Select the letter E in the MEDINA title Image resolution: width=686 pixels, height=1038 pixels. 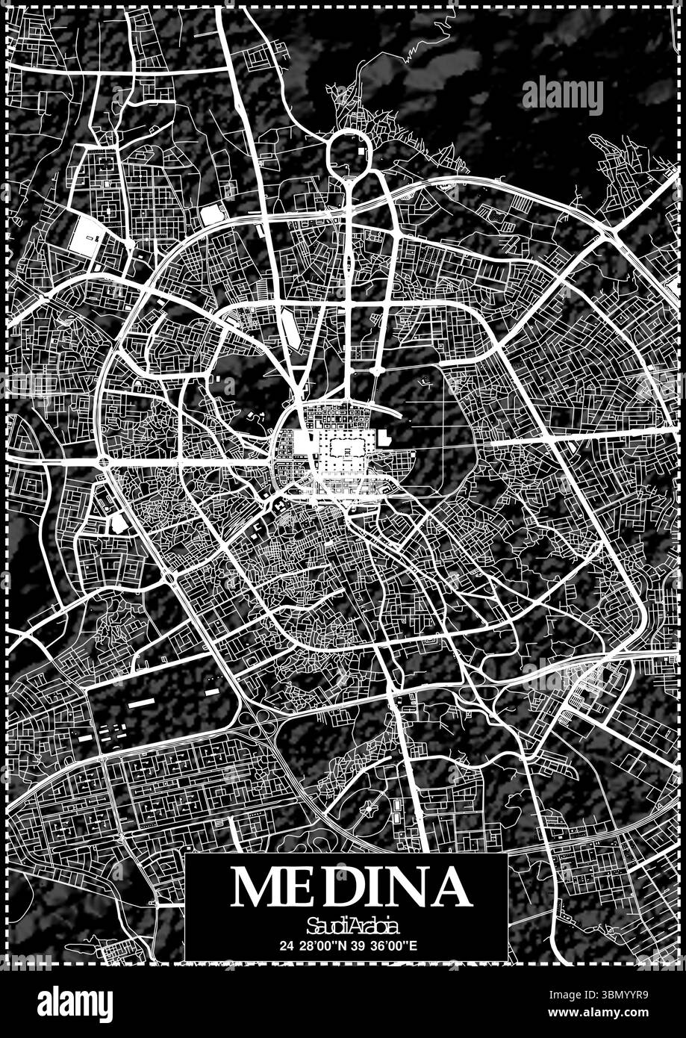click(307, 886)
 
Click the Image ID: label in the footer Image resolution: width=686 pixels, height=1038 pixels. click(573, 995)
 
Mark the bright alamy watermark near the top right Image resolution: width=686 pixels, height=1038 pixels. click(562, 96)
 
